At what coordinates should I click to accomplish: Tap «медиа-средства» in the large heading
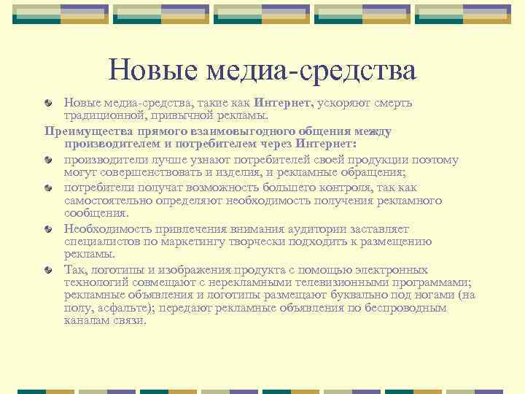311,70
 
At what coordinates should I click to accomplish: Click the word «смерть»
394,102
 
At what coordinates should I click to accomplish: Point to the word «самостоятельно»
106,201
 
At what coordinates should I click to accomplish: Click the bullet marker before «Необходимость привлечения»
47,229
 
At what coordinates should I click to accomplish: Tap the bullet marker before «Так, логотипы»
47,270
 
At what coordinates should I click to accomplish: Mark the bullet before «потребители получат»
47,188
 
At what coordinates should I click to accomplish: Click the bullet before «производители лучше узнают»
47,161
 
